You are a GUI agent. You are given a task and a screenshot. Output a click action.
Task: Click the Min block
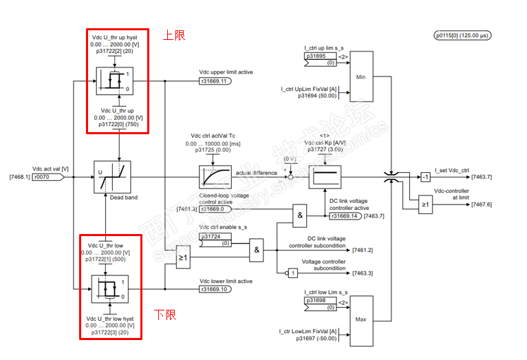point(361,76)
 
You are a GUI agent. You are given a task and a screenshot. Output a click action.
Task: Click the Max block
point(361,319)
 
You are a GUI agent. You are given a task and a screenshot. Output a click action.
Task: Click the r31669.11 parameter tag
point(215,81)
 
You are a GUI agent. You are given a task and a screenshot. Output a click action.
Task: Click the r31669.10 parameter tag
point(215,290)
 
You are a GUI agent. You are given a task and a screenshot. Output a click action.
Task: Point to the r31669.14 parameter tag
point(348,216)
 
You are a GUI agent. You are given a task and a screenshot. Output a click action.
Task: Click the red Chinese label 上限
point(173,34)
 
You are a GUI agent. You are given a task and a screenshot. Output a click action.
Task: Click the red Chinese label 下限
point(164,315)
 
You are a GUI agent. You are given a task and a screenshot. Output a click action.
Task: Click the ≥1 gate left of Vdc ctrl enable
point(182,259)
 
